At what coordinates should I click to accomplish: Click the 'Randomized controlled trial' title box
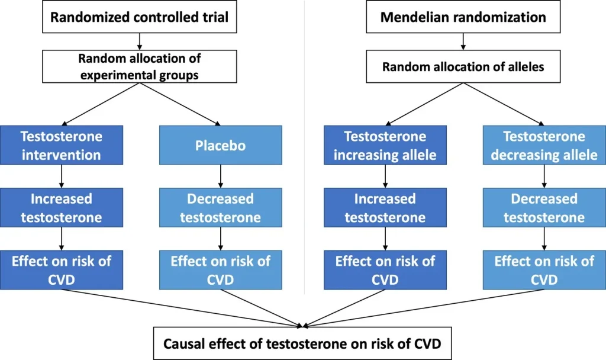click(x=140, y=17)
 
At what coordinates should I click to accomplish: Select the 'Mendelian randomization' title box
click(x=463, y=17)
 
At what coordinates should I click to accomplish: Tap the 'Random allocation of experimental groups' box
click(x=140, y=66)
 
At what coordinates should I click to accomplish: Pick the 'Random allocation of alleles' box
click(x=463, y=66)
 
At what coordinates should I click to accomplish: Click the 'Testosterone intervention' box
click(x=62, y=145)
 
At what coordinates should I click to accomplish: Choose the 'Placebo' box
click(x=221, y=145)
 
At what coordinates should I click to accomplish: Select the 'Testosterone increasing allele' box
click(x=385, y=145)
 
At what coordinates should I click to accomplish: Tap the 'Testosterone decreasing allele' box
click(x=544, y=145)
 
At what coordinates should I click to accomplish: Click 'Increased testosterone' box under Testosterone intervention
click(x=62, y=208)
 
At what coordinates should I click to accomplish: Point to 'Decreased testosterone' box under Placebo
click(x=221, y=208)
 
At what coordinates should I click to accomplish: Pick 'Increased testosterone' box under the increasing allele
click(x=385, y=208)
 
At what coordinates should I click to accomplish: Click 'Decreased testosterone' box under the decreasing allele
click(x=544, y=208)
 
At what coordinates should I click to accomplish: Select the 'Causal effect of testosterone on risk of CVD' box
click(x=302, y=343)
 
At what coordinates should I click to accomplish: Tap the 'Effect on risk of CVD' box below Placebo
click(x=221, y=270)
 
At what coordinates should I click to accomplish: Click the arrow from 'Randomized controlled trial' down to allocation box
click(x=140, y=41)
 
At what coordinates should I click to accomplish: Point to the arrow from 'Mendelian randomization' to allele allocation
click(x=463, y=41)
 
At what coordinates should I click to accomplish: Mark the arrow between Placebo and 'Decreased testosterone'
click(x=221, y=176)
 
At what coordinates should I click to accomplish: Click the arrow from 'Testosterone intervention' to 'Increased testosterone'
click(x=62, y=176)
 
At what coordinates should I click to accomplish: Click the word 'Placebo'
click(x=220, y=146)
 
